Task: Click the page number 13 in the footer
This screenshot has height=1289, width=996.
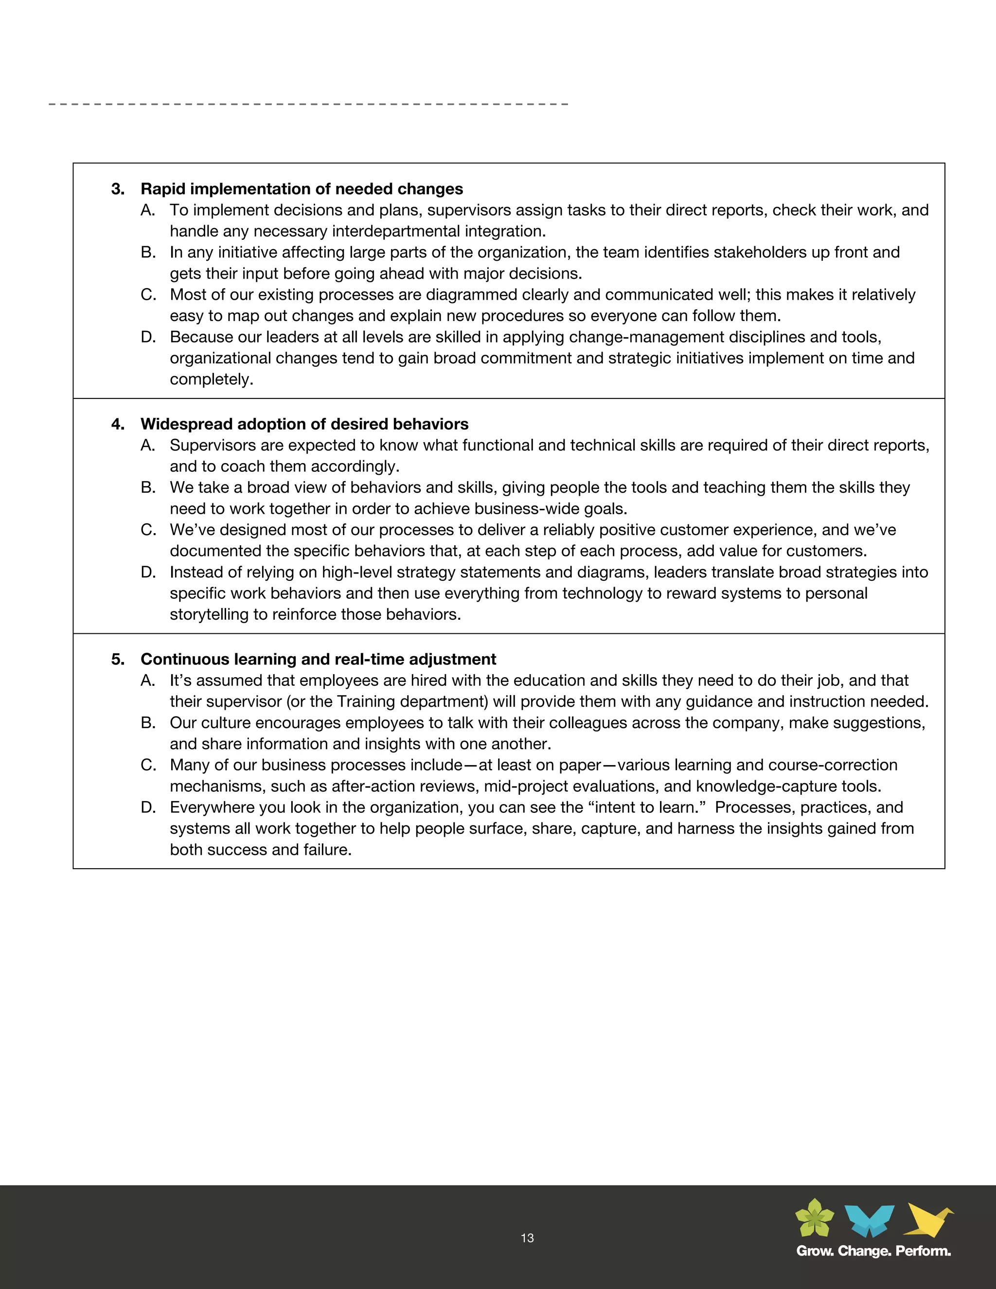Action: pyautogui.click(x=527, y=1237)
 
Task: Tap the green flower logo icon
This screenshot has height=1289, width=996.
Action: pyautogui.click(x=814, y=1218)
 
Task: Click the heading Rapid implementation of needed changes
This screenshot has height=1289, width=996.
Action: pyautogui.click(x=302, y=189)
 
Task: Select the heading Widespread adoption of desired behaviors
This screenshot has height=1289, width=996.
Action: pyautogui.click(x=304, y=424)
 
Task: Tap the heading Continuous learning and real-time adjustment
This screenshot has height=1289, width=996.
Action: pyautogui.click(x=318, y=659)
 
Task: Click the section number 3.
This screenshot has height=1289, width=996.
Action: pyautogui.click(x=117, y=189)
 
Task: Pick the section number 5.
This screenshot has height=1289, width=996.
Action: pyautogui.click(x=117, y=659)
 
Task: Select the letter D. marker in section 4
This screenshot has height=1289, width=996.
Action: pyautogui.click(x=148, y=572)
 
